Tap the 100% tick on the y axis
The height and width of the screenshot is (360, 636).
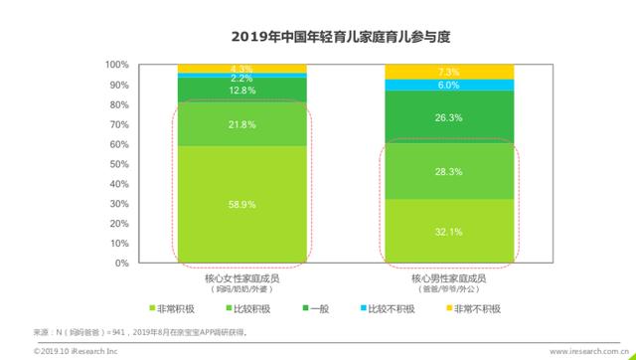point(116,65)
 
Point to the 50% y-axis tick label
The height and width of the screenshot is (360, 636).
point(118,164)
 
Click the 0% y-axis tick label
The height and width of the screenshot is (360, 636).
point(121,264)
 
